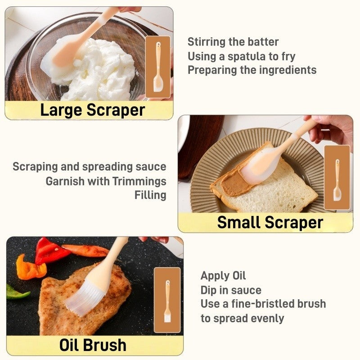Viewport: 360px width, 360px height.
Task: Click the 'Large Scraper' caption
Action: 93,110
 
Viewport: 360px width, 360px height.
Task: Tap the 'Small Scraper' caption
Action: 270,222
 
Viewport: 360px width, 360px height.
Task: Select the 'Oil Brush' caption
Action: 93,345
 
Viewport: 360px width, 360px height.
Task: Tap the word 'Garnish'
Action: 65,181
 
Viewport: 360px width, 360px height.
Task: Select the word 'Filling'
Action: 150,195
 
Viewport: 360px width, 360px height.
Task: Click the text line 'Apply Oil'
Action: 223,276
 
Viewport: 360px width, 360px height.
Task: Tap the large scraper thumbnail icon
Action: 158,67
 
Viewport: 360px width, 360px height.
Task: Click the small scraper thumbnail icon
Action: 337,177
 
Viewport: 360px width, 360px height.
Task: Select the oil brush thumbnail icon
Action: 167,300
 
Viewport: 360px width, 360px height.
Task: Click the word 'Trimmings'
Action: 139,181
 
